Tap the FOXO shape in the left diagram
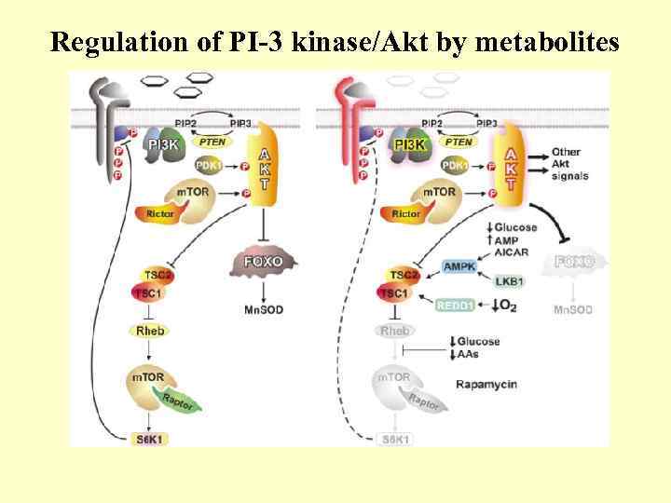[263, 262]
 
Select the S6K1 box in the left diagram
[149, 438]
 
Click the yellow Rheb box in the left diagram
[150, 331]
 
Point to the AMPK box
[459, 266]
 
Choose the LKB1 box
[509, 280]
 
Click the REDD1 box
[458, 304]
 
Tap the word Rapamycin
[487, 384]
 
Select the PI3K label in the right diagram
[410, 144]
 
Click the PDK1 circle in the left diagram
[211, 165]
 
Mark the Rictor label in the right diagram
[406, 213]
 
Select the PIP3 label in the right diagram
[487, 122]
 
